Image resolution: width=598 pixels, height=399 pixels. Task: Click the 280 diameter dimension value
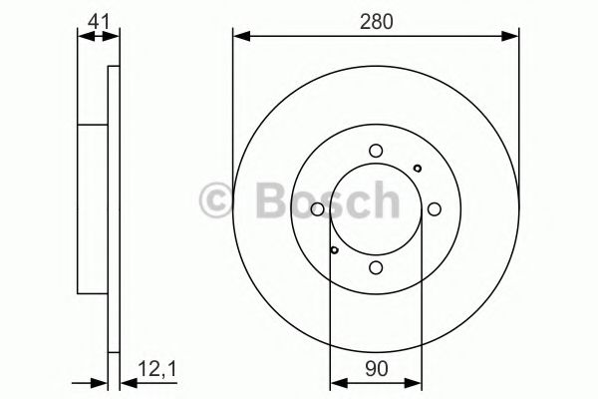(x=375, y=19)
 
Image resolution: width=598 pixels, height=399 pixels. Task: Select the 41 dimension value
(x=96, y=19)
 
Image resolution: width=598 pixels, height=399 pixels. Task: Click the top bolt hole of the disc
(x=376, y=151)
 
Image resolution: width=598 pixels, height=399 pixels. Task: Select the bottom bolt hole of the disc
(x=376, y=267)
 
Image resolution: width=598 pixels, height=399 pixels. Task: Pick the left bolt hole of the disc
(x=317, y=209)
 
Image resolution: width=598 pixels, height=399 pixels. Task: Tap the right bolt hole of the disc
(x=435, y=209)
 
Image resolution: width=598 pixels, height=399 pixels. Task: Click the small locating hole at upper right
(x=417, y=168)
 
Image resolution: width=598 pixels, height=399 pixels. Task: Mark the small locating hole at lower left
(x=335, y=250)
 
